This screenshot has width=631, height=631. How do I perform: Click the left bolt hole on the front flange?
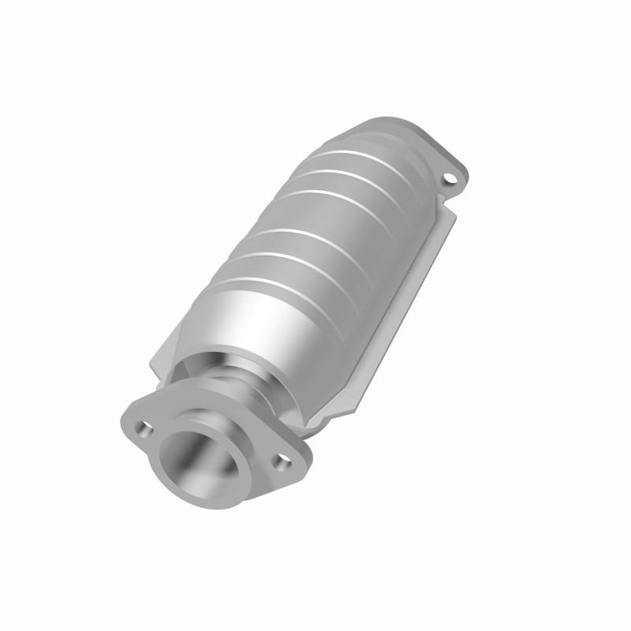(144, 429)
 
